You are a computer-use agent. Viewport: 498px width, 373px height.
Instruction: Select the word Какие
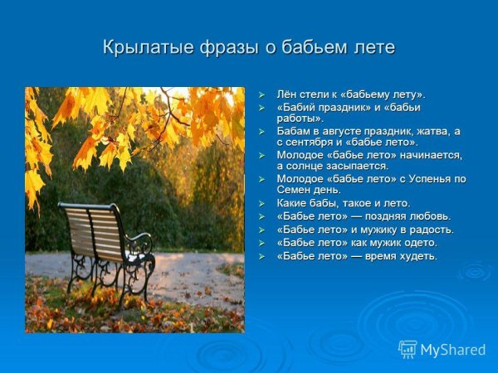293,203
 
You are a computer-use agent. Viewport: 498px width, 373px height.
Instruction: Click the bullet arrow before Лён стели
261,95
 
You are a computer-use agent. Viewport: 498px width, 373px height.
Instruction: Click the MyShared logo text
453,350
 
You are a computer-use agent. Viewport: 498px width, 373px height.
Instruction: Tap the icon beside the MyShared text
408,350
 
